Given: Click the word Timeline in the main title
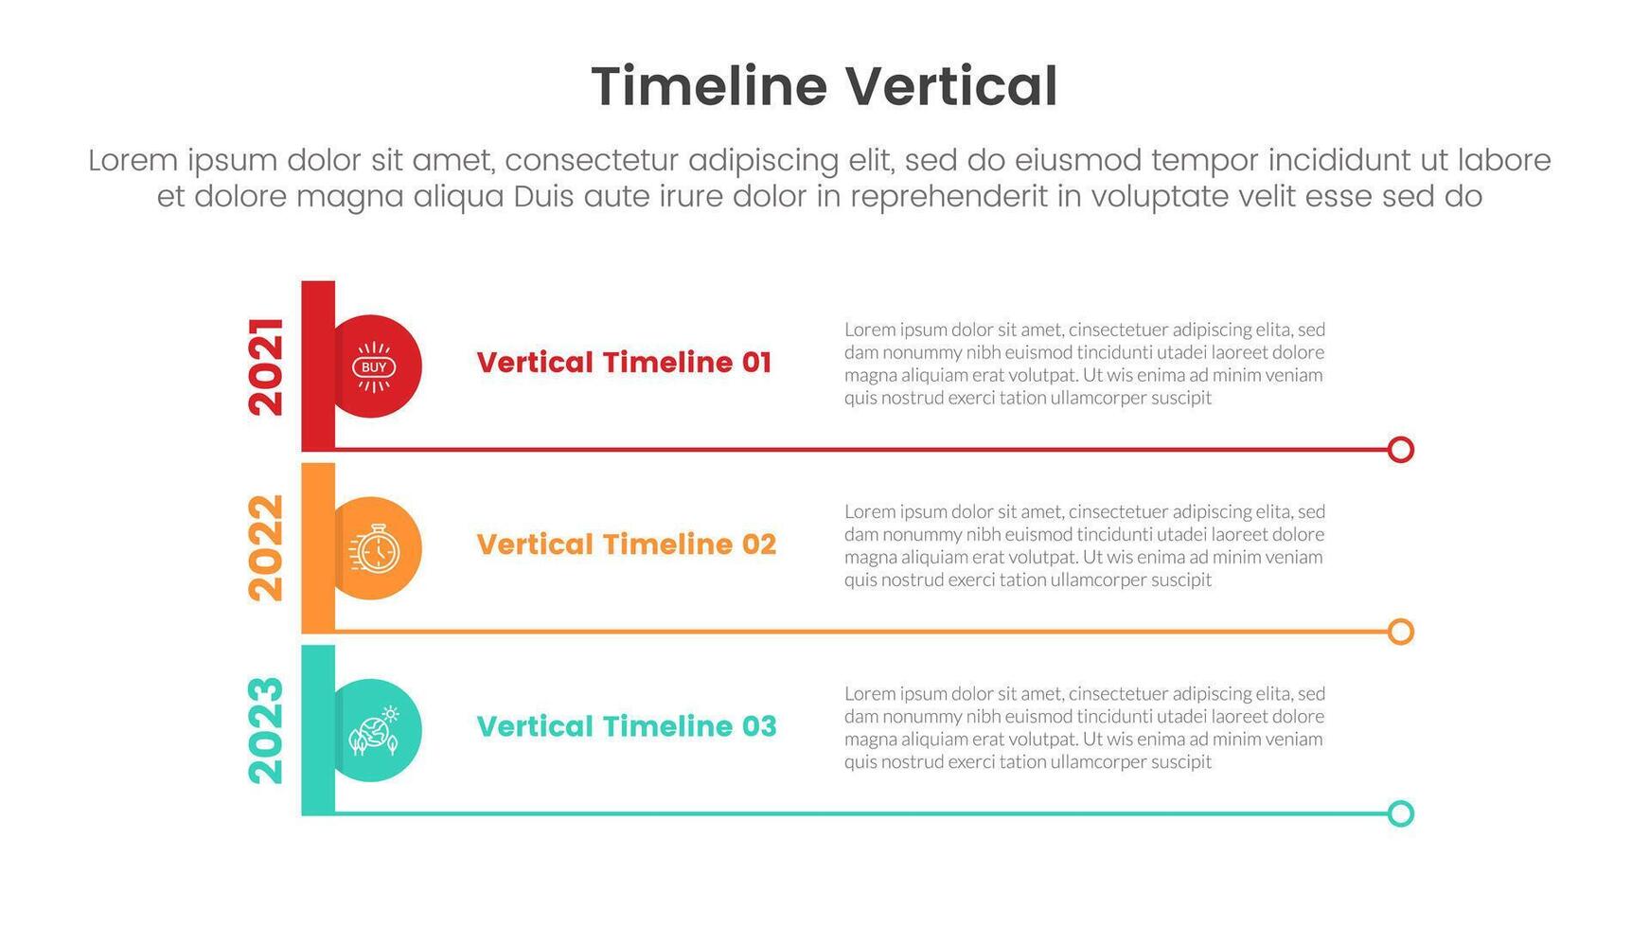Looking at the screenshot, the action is (x=709, y=86).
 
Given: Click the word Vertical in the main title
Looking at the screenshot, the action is (x=951, y=86).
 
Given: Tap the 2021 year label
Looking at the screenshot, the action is (x=266, y=366).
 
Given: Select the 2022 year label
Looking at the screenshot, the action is (x=266, y=547).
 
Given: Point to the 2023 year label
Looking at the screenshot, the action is (x=266, y=730).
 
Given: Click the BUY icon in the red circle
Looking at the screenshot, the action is (x=374, y=366).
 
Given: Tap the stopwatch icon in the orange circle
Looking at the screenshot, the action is (x=375, y=548).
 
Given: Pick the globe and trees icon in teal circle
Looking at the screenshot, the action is (x=375, y=730).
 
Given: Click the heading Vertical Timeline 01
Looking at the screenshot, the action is (x=624, y=363).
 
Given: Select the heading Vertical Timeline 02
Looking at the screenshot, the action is (x=626, y=544).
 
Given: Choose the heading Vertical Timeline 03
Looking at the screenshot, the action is (x=626, y=726).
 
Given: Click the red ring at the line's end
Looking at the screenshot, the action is (x=1401, y=437).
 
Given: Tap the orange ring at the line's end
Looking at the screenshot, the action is (x=1401, y=619).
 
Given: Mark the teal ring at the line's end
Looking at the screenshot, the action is (x=1401, y=801).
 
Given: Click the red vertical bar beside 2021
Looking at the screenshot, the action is (x=318, y=366).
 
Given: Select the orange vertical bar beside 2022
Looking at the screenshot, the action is (x=318, y=547).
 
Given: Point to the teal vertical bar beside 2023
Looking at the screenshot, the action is (x=318, y=730).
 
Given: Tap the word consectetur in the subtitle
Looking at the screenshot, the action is (x=592, y=160).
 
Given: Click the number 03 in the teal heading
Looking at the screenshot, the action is (x=758, y=726).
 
